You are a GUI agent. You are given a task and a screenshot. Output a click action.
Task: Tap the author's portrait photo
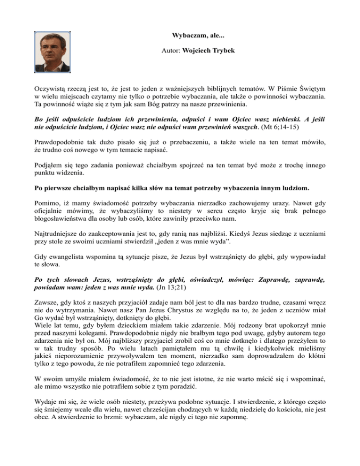coord(52,52)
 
